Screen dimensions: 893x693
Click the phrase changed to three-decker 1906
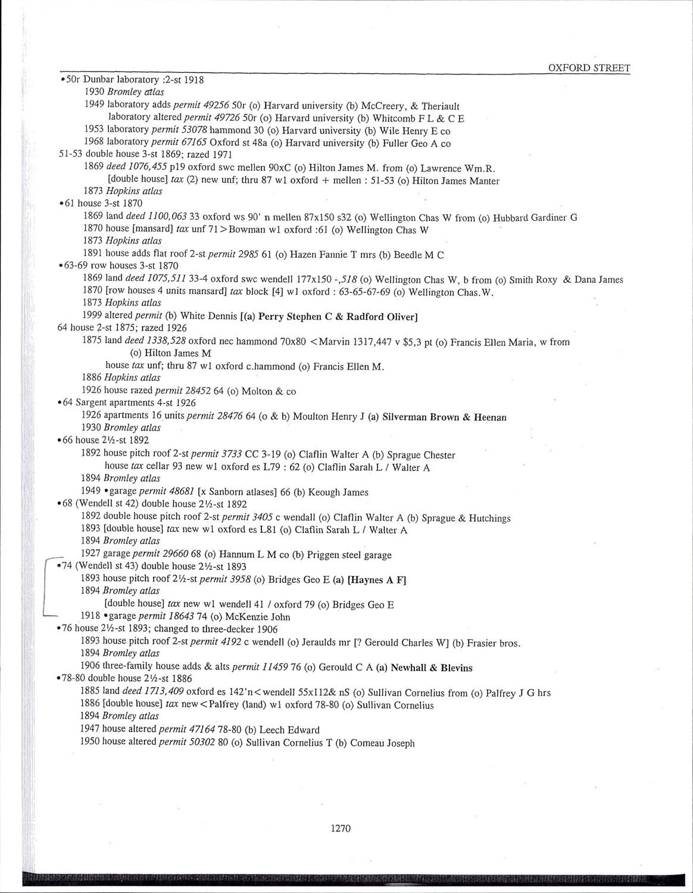216,629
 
